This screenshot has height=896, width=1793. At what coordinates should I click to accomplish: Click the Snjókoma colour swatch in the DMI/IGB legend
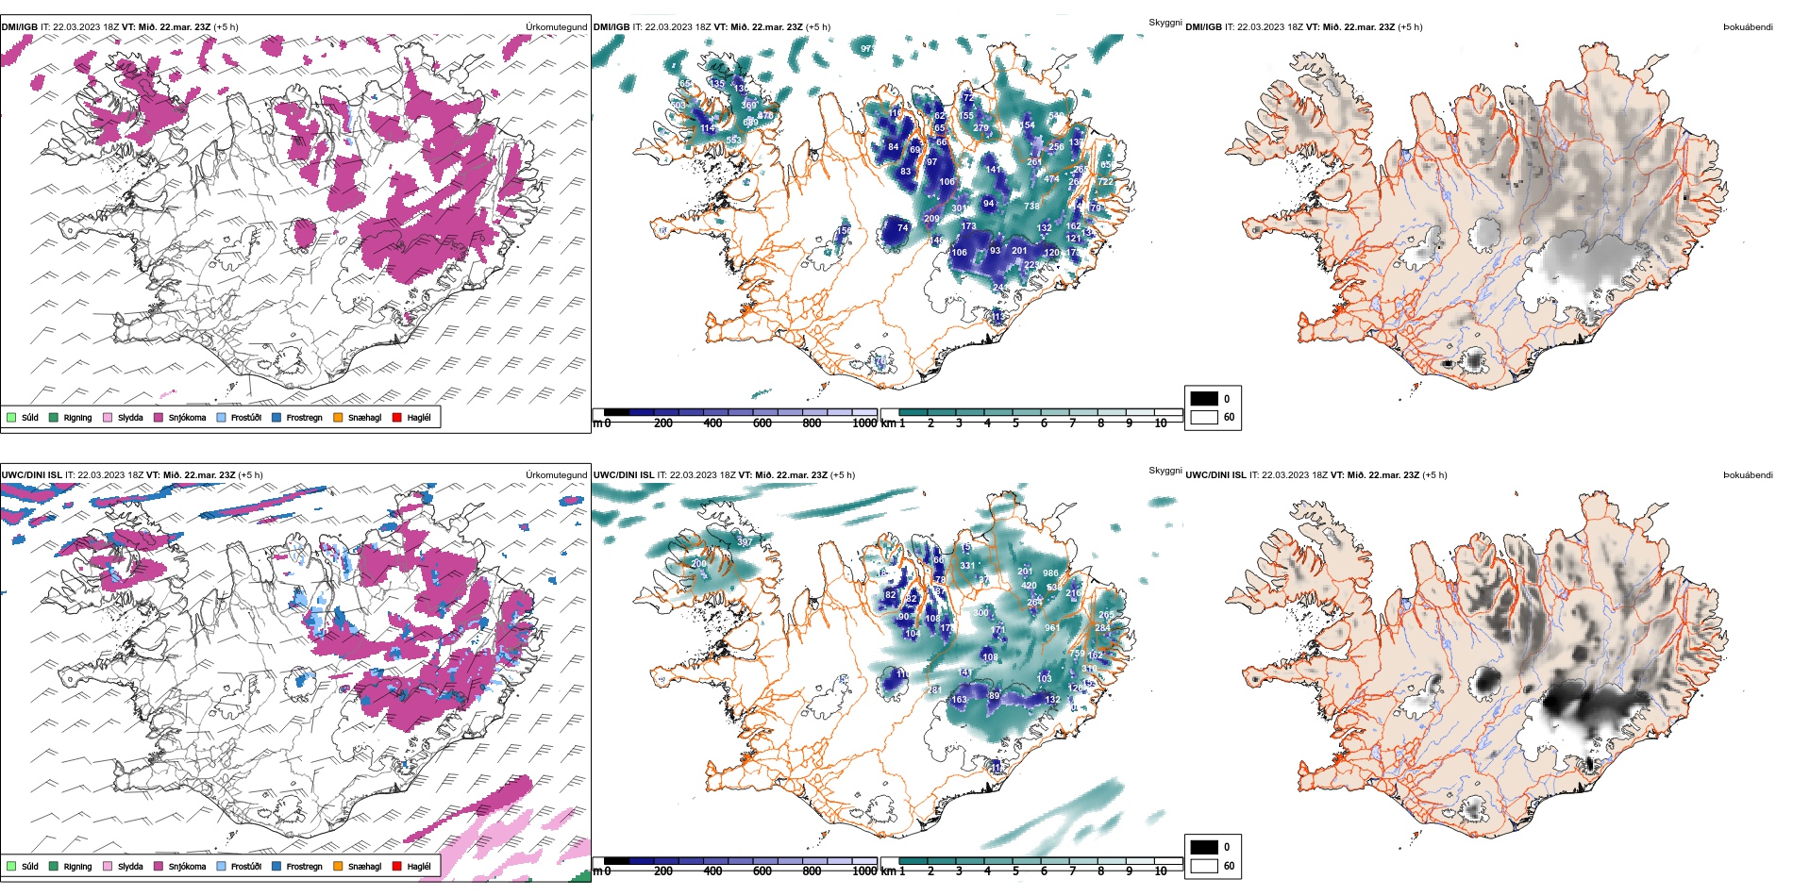coord(159,417)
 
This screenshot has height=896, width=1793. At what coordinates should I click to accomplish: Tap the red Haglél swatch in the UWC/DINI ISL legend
coord(397,866)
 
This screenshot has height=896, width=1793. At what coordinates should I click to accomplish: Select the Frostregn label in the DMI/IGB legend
coord(304,418)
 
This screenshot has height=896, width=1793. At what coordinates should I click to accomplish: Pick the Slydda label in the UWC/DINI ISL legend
coord(130,867)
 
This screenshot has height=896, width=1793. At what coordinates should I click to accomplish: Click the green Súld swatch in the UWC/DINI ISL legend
coord(11,866)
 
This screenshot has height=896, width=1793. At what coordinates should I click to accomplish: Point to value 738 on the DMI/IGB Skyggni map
coord(1031,206)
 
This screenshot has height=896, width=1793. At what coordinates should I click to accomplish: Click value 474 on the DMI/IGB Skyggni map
coord(1051,179)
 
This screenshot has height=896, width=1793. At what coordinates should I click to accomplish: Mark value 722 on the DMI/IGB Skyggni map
coord(1106,182)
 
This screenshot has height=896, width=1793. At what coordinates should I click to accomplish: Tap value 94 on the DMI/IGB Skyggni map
coord(988,203)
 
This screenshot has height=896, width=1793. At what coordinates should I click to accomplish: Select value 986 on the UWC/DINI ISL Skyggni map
coord(1050,573)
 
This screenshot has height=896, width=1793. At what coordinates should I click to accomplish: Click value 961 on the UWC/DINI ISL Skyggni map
coord(1052,627)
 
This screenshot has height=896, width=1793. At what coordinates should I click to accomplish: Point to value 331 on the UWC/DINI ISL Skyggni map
coord(967,566)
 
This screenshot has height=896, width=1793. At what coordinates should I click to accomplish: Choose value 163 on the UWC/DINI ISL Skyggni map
coord(959,700)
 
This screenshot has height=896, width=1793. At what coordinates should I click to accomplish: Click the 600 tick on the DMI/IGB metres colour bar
coord(762,423)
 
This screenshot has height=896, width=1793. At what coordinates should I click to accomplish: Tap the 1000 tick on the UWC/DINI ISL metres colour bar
coord(864,871)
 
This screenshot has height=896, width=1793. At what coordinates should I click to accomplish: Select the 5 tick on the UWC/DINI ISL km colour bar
coord(1015,871)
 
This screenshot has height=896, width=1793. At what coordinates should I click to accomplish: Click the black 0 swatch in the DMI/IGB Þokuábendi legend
coord(1204,399)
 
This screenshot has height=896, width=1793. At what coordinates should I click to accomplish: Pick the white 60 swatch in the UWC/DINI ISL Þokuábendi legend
coord(1204,866)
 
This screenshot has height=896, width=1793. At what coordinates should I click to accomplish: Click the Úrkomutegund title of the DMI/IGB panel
coord(556,27)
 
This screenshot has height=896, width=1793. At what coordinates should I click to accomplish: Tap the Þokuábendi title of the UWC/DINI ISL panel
coord(1748,475)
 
